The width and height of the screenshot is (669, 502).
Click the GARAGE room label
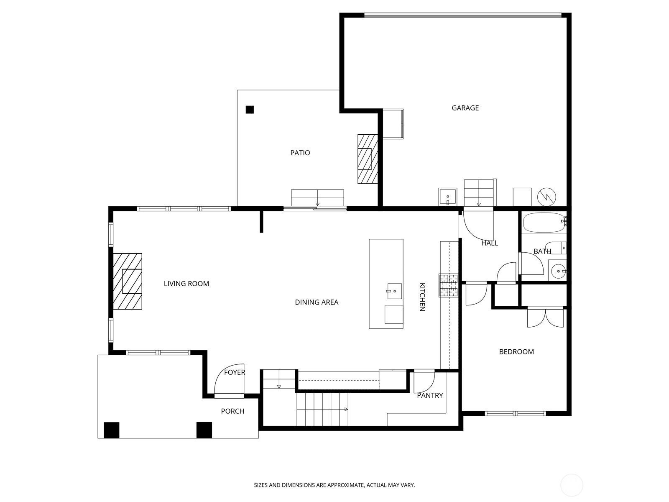(x=465, y=108)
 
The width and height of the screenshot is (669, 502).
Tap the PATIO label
(x=300, y=153)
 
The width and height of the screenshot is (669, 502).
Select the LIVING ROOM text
(x=186, y=284)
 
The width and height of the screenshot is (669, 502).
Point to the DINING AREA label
(x=317, y=302)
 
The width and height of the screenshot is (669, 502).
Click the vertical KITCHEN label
(x=422, y=297)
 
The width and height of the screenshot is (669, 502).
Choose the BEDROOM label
(x=516, y=352)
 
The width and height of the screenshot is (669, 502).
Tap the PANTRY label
(x=430, y=395)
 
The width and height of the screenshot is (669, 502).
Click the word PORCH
(x=232, y=411)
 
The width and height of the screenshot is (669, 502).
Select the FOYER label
(x=235, y=372)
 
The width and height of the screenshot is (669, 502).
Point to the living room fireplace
(x=128, y=281)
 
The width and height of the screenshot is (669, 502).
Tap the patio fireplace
(x=368, y=159)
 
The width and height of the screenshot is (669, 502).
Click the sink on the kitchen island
(x=394, y=291)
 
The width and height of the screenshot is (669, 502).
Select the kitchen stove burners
(x=448, y=285)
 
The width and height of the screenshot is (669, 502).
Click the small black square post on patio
(x=250, y=110)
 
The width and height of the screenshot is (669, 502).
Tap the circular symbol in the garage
(x=546, y=197)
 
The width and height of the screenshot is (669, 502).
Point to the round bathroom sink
(x=557, y=270)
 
